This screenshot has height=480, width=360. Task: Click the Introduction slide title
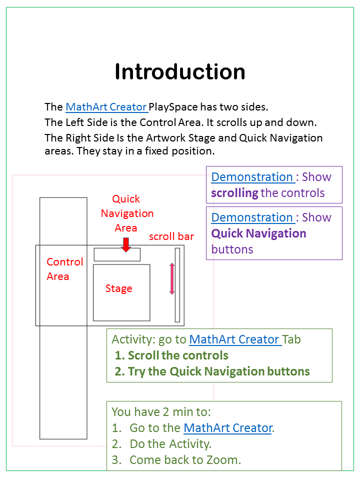tap(180, 72)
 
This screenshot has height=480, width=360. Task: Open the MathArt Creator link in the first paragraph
tap(106, 107)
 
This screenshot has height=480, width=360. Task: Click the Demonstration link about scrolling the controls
tap(252, 177)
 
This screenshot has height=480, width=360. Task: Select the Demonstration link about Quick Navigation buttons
tap(252, 217)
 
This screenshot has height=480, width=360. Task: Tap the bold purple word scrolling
tap(234, 193)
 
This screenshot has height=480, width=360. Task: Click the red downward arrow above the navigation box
tap(126, 244)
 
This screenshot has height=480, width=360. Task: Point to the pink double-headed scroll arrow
tap(172, 278)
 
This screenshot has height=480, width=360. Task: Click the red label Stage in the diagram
tap(119, 288)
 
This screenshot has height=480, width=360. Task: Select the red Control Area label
tap(64, 269)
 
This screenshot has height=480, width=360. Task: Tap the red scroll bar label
tap(171, 236)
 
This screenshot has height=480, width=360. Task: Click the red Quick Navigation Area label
tap(127, 213)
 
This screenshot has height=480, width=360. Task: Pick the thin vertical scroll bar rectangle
tap(177, 285)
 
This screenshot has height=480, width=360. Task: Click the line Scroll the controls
tap(171, 355)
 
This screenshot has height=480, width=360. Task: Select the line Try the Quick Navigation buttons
tap(212, 371)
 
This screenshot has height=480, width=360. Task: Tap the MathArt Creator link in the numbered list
tap(228, 428)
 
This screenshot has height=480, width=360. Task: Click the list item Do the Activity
tap(170, 444)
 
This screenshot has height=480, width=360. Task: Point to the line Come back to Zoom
tap(185, 460)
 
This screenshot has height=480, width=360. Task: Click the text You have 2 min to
tap(161, 412)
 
